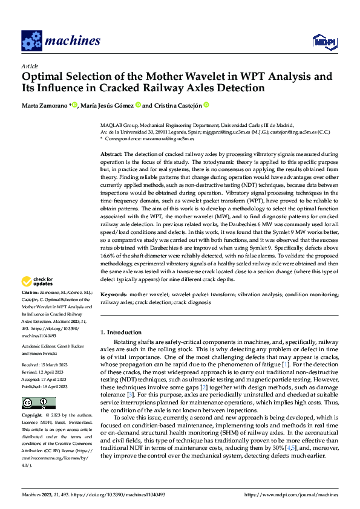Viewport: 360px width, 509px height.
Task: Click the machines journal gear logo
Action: [31, 41]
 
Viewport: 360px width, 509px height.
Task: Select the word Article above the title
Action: [30, 66]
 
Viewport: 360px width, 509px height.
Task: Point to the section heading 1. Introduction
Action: [121, 332]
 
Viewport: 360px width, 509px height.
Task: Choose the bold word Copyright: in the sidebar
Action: [32, 416]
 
